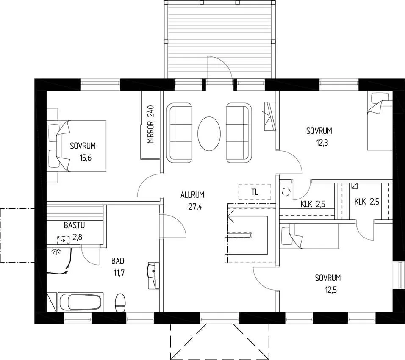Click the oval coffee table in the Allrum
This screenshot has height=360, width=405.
pos(209,133)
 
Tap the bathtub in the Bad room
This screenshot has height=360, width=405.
pos(80,302)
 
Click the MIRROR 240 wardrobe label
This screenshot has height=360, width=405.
pos(150,124)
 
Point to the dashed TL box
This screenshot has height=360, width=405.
pos(255,192)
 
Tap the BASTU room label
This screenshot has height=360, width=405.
pos(75,225)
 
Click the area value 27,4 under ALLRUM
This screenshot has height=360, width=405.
pos(195,207)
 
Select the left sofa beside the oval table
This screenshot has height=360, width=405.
pos(180,133)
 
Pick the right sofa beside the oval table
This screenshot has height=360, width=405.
pos(239,133)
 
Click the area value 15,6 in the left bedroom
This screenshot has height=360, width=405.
pos(86,158)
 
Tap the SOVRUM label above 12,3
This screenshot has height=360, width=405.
pos(319,131)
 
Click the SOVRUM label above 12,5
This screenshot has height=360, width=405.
pos(328,278)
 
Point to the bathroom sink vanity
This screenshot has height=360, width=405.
pos(153,275)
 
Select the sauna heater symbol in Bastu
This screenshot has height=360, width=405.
pos(63,241)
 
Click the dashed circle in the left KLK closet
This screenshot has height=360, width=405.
pos(286,191)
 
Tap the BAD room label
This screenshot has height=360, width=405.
pos(118,261)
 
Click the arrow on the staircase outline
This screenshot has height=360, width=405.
pos(231,216)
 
